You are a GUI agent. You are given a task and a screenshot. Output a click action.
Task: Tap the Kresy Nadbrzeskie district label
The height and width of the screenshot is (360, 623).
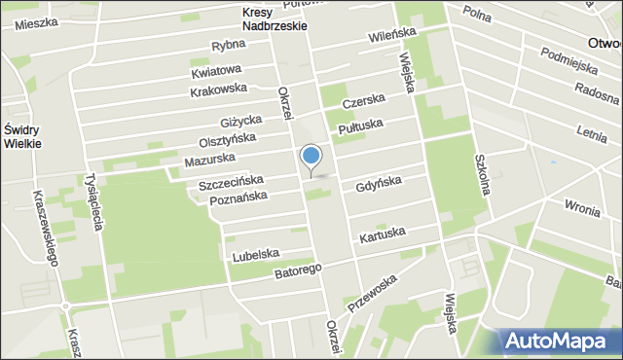pyautogui.click(x=275, y=19)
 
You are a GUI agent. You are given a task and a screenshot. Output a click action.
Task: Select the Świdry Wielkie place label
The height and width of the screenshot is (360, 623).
pyautogui.click(x=21, y=136)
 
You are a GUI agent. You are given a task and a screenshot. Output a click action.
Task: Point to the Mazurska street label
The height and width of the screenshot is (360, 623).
pyautogui.click(x=208, y=160)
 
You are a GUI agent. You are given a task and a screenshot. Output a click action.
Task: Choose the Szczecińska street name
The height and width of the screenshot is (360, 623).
pyautogui.click(x=231, y=182)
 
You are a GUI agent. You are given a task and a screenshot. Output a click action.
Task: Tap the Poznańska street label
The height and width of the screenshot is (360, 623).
pyautogui.click(x=238, y=199)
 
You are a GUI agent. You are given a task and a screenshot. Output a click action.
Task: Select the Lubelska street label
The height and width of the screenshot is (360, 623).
pyautogui.click(x=256, y=256)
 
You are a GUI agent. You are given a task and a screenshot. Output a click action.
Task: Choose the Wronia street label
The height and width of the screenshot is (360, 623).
pyautogui.click(x=581, y=206)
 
